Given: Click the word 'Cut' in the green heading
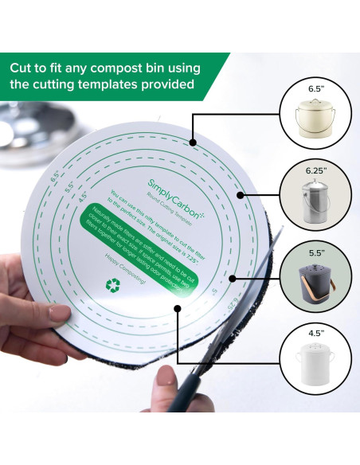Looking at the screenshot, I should (25, 68).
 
